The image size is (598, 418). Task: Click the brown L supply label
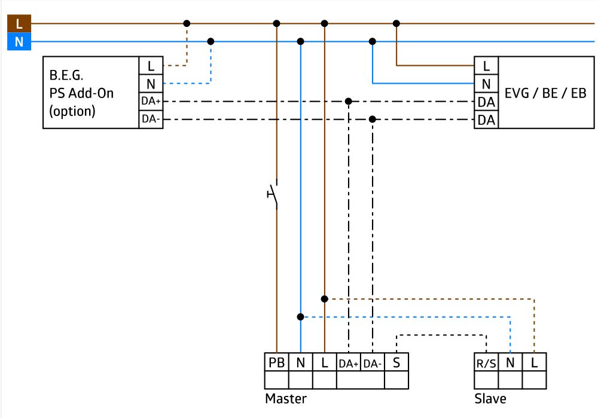(19, 24)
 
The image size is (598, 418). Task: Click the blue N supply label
(19, 42)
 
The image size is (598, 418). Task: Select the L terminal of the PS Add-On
(151, 66)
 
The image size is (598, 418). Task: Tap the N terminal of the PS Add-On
(151, 84)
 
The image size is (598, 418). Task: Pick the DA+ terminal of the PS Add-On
(151, 101)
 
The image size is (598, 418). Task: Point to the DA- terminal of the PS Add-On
(151, 119)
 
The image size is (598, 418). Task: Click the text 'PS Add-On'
(81, 93)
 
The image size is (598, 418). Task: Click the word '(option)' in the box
(72, 111)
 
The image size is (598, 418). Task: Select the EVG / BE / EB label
(545, 93)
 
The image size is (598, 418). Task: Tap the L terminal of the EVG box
(486, 66)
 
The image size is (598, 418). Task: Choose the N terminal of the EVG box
(486, 84)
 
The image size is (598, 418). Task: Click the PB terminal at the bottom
(277, 362)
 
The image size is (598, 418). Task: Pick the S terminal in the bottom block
(396, 362)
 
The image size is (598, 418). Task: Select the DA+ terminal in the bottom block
(349, 363)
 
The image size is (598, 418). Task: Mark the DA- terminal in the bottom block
(373, 363)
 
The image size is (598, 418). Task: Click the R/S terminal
(486, 363)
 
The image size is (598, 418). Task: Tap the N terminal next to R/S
(510, 362)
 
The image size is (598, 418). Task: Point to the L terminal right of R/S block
(534, 362)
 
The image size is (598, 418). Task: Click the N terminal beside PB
(301, 362)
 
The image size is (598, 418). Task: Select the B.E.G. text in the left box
(66, 76)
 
